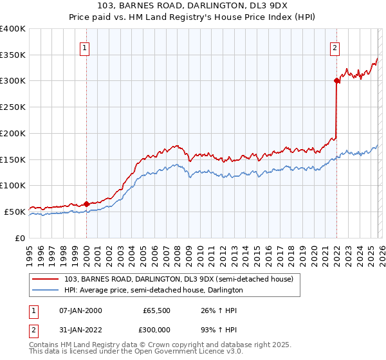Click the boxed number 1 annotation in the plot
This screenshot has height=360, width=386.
coord(86,47)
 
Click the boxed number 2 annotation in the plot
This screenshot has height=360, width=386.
coord(335,47)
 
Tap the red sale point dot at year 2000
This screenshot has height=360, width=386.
coord(86,204)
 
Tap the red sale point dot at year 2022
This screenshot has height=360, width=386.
coord(336,80)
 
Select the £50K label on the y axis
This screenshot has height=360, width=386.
coord(15,212)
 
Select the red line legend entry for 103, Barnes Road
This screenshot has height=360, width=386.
coord(179,279)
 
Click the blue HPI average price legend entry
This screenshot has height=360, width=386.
coord(153,290)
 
